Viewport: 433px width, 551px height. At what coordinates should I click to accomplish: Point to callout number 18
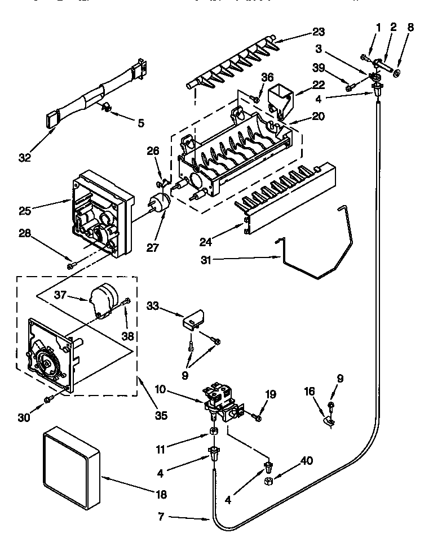[161, 495]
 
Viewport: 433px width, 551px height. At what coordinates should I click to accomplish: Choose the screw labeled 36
[255, 100]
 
